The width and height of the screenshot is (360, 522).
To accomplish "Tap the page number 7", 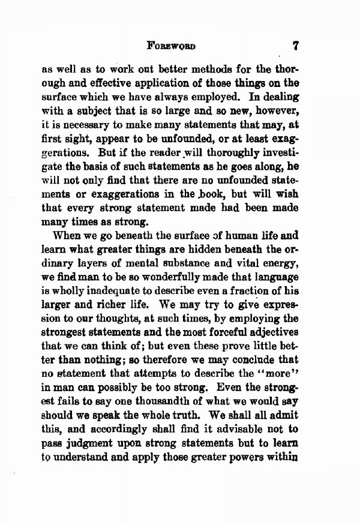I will pyautogui.click(x=295, y=45).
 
